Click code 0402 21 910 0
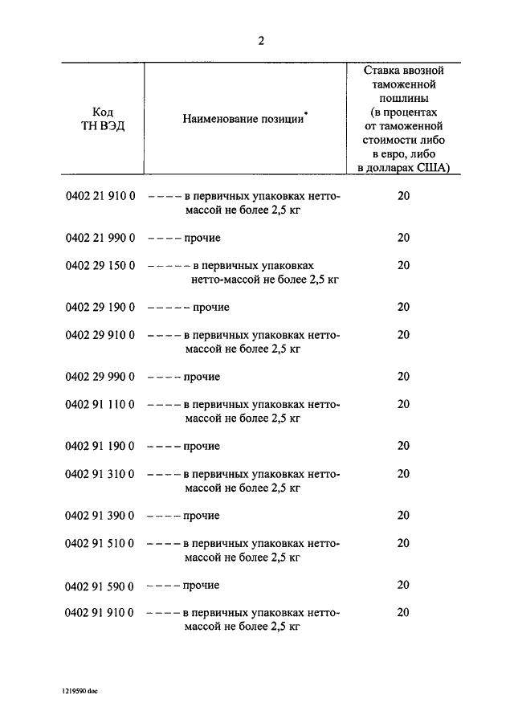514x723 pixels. (x=100, y=195)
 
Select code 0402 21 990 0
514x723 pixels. (x=100, y=238)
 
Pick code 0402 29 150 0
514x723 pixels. (x=100, y=265)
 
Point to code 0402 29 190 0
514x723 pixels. (x=100, y=307)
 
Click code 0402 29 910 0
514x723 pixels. (x=100, y=334)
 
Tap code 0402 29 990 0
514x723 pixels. (x=100, y=377)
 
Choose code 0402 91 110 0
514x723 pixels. (x=100, y=404)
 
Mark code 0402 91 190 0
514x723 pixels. (x=100, y=446)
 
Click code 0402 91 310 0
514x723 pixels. (x=100, y=473)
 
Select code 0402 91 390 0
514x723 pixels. (x=100, y=515)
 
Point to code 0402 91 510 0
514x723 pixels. (x=100, y=542)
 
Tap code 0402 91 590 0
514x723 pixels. (x=100, y=585)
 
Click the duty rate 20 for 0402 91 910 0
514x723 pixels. (x=403, y=612)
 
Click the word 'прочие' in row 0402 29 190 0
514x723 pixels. (x=210, y=308)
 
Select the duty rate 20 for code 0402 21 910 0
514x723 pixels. (x=403, y=195)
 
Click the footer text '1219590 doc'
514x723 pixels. (x=80, y=689)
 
